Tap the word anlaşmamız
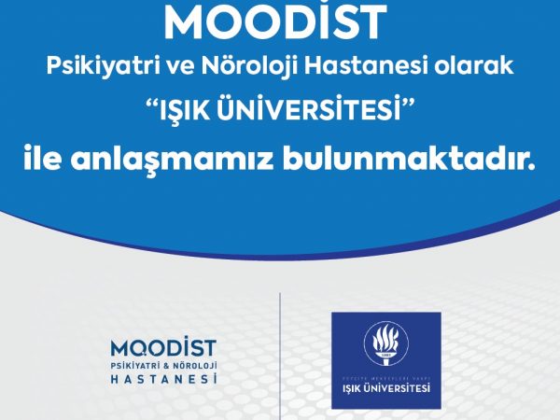pyautogui.click(x=172, y=161)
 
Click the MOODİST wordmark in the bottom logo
pyautogui.click(x=163, y=348)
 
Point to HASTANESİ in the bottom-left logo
pyautogui.click(x=164, y=378)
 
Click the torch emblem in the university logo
pyautogui.click(x=385, y=343)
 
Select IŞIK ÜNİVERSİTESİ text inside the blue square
pyautogui.click(x=386, y=388)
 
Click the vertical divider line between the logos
pyautogui.click(x=280, y=357)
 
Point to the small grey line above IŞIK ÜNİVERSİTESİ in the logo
pyautogui.click(x=386, y=379)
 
